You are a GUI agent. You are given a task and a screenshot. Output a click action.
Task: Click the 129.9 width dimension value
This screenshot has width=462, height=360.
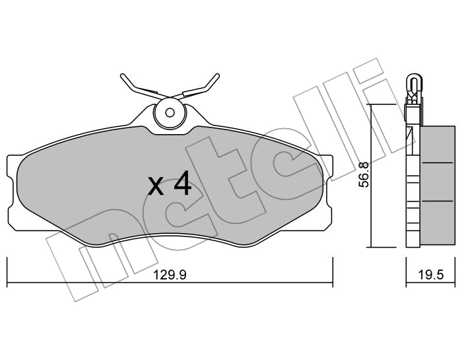click(170, 275)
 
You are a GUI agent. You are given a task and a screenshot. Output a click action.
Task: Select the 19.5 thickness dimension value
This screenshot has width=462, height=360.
click(430, 275)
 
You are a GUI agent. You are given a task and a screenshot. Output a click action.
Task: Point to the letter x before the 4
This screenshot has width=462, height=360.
click(156, 186)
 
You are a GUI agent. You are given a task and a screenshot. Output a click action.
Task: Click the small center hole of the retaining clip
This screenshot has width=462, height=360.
click(170, 112)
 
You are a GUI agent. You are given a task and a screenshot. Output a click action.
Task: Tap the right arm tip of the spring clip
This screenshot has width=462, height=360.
click(217, 76)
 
